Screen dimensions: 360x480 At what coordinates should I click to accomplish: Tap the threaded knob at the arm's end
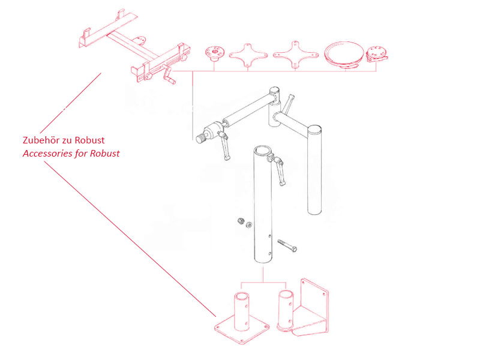tap(200, 139)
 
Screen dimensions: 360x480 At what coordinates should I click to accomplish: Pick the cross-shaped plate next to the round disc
tap(294, 53)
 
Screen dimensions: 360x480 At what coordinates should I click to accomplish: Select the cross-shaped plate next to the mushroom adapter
tap(247, 53)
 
